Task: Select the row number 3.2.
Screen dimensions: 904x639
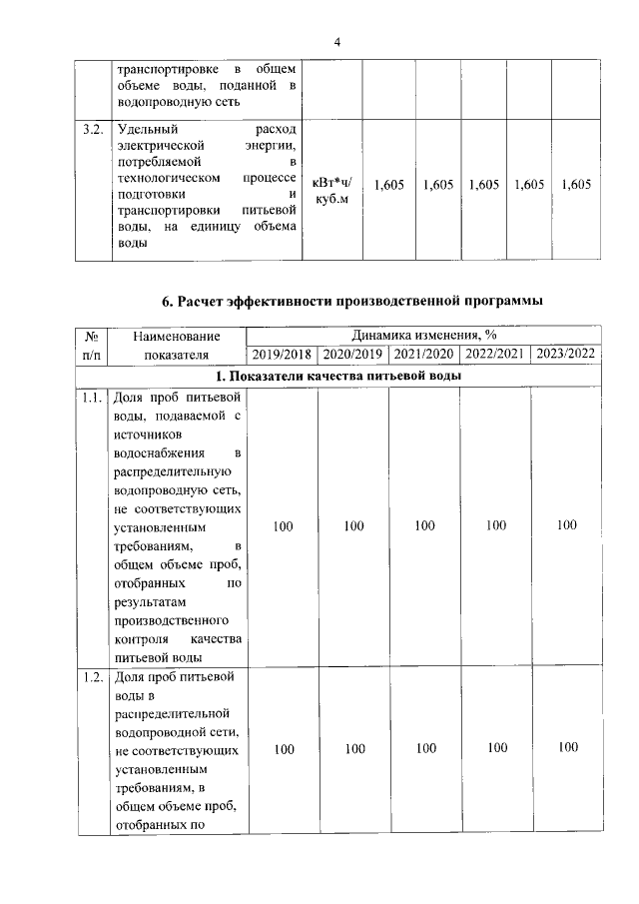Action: tap(93, 130)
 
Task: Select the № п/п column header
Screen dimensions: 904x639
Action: tap(91, 345)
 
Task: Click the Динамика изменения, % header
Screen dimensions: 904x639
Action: tap(424, 337)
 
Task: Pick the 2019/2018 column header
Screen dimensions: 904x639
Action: tap(283, 355)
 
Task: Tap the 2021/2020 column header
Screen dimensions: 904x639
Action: tap(424, 355)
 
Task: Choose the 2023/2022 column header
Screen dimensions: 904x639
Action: tap(566, 355)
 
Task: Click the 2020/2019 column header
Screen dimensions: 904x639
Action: tap(352, 355)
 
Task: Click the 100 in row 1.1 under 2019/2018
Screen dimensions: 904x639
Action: tap(283, 525)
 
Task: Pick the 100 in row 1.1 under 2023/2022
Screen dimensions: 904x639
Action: tap(567, 524)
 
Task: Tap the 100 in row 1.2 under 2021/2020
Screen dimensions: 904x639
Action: tap(425, 747)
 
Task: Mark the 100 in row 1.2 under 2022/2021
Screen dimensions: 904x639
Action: tap(496, 747)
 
